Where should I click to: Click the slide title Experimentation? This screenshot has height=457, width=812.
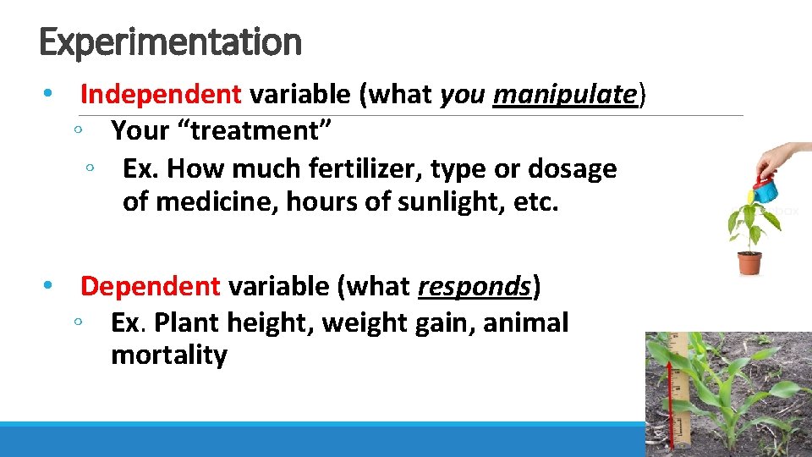coord(170,41)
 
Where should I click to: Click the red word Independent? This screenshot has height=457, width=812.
coord(161,94)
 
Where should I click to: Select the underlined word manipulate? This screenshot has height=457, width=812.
coord(564,94)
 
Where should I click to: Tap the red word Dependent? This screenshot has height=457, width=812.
coord(150,286)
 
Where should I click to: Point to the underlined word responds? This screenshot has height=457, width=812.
coord(475,286)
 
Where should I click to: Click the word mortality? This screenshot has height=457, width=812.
coord(169,355)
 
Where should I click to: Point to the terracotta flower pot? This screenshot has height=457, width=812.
coord(749,262)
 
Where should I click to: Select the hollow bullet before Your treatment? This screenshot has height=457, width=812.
coord(77,131)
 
